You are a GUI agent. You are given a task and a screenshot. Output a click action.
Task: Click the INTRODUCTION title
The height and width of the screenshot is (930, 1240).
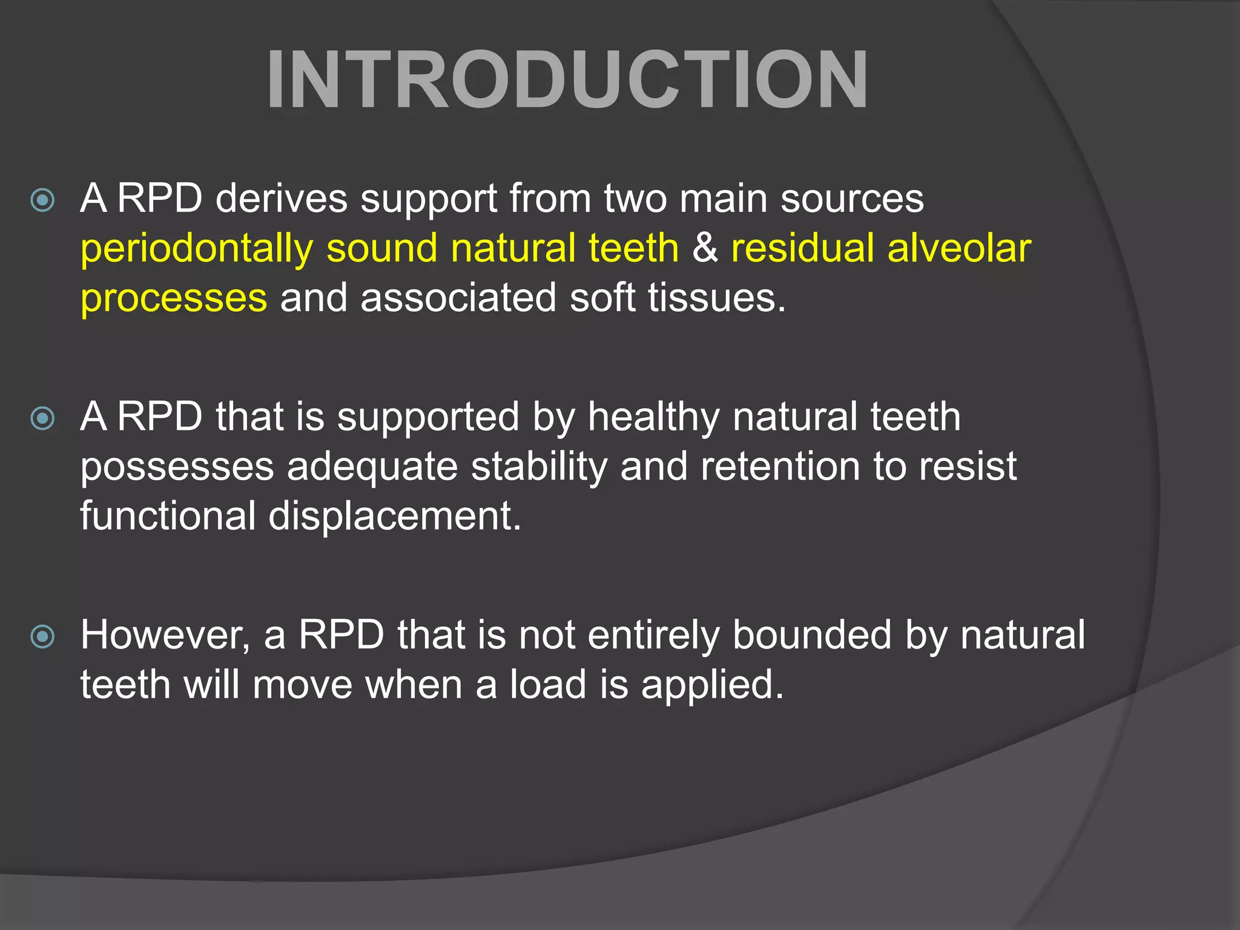click(567, 80)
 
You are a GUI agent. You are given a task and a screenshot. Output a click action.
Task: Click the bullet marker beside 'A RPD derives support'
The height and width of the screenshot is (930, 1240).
click(42, 200)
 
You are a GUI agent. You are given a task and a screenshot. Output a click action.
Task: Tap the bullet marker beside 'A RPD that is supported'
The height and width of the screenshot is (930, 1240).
click(42, 418)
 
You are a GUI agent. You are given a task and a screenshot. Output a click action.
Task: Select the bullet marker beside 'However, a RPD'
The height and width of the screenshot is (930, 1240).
click(42, 636)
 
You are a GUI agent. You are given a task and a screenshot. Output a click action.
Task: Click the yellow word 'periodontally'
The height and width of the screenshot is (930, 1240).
click(197, 249)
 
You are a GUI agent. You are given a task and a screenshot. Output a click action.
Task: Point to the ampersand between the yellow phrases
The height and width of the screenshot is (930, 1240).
click(705, 248)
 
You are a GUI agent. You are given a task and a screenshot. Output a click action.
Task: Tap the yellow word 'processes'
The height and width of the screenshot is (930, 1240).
click(174, 298)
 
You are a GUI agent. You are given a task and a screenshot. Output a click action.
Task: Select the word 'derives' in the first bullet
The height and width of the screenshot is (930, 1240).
click(282, 199)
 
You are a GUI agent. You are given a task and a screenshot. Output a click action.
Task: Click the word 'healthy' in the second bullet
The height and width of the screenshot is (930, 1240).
click(653, 418)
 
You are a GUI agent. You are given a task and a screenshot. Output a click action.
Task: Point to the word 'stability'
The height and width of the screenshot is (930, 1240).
click(539, 467)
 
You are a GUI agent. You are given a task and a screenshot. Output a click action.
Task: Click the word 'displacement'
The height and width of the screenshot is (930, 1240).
click(394, 517)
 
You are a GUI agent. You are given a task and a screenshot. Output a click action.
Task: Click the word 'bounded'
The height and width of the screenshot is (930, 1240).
click(812, 636)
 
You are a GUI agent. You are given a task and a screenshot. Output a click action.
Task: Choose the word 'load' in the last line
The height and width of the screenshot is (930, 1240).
click(548, 685)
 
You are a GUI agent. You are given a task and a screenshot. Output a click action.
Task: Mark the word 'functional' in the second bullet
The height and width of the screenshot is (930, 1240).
click(168, 516)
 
